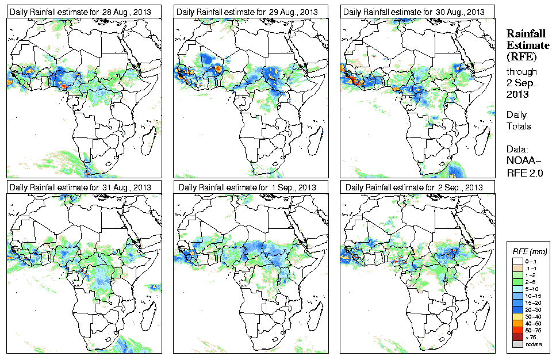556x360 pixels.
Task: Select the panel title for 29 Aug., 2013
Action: pyautogui.click(x=248, y=12)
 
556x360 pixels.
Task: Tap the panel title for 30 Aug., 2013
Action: pyautogui.click(x=416, y=12)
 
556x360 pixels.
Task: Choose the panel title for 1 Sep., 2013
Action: pyautogui.click(x=248, y=187)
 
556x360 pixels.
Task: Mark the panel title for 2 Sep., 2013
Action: pyautogui.click(x=416, y=187)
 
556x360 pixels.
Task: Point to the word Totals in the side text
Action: pyautogui.click(x=519, y=127)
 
